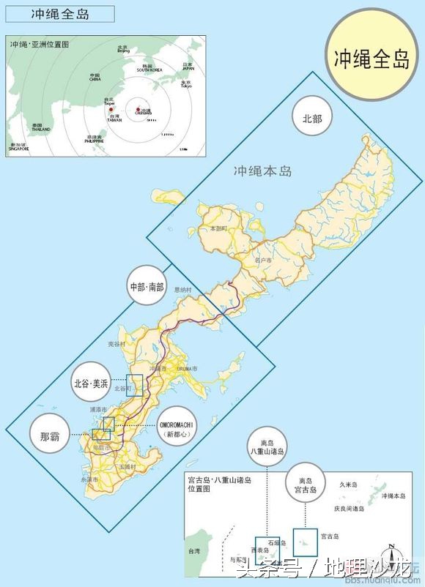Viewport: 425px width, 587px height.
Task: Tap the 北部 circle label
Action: tap(312, 118)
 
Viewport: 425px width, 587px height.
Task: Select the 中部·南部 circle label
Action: tap(147, 286)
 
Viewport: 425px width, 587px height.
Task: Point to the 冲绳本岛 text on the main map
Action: tap(262, 171)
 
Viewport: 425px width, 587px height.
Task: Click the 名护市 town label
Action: tap(262, 259)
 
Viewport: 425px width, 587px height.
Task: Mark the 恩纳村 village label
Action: tap(182, 290)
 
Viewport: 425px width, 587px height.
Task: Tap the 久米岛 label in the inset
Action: tap(348, 485)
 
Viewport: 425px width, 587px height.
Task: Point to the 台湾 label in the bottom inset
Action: tap(194, 550)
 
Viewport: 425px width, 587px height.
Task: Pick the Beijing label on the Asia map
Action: tap(123, 51)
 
